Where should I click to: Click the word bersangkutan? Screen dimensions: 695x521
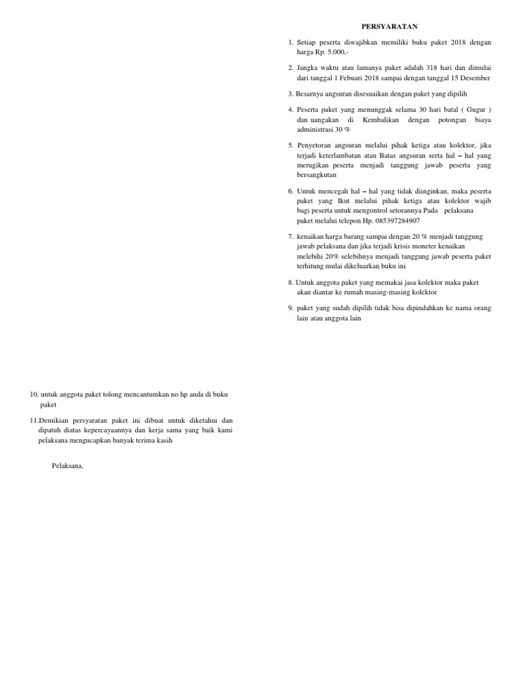point(317,174)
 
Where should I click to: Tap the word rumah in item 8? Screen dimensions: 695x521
point(347,291)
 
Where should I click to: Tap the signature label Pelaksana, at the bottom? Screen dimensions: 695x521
point(67,465)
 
